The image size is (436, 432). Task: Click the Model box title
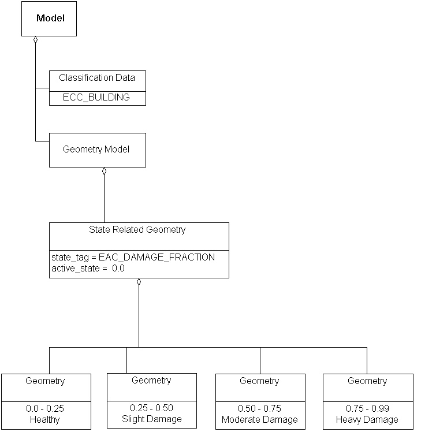tap(50, 18)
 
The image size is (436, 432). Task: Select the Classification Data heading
tap(97, 78)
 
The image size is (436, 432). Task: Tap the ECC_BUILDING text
tap(96, 97)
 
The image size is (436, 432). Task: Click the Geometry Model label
tap(96, 149)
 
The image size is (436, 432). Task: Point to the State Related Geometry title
tap(137, 229)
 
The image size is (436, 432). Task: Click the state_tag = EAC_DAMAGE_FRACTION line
tap(132, 257)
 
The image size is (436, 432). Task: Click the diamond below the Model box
tap(36, 40)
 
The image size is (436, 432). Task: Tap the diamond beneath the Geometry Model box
tap(104, 171)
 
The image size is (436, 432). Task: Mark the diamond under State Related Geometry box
tap(139, 282)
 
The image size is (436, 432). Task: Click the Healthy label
tap(44, 419)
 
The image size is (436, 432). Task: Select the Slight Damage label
tap(152, 419)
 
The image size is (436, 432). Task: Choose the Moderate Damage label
tap(260, 419)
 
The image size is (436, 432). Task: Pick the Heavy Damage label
tap(367, 419)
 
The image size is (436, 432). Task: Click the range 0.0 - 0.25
tap(45, 408)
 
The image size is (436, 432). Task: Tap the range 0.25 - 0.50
tap(151, 408)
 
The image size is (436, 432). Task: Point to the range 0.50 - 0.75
tap(260, 408)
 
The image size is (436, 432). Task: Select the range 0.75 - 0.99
tap(367, 408)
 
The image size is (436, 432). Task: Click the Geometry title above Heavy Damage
tap(367, 381)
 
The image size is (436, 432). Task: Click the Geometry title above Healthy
tap(45, 381)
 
